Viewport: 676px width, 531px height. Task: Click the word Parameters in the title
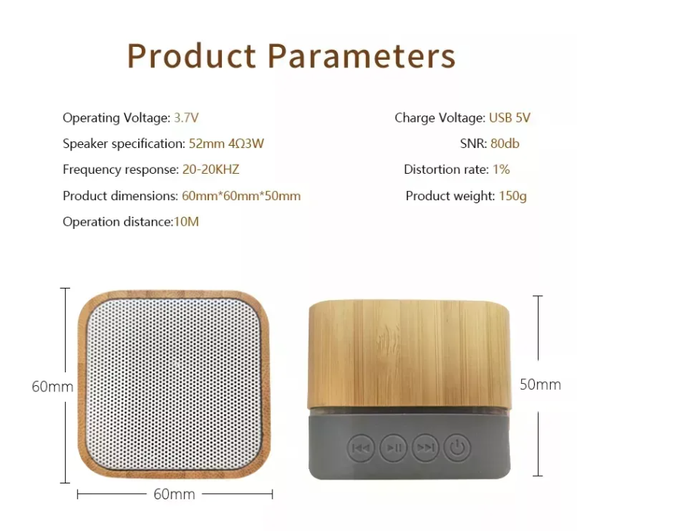tap(361, 56)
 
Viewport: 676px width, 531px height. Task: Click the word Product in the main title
tap(192, 56)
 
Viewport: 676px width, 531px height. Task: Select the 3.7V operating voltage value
tap(186, 118)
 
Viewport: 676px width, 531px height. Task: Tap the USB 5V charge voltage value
tap(509, 118)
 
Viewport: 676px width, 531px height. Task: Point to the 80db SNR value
tap(505, 144)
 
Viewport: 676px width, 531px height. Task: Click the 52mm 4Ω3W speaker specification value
tap(226, 144)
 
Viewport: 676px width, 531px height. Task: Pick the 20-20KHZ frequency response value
tap(210, 169)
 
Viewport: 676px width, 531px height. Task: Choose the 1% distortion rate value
tap(502, 169)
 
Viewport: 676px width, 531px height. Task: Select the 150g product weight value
tap(512, 196)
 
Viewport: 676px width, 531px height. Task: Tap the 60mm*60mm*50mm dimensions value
tap(241, 196)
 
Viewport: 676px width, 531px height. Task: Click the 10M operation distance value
tap(186, 222)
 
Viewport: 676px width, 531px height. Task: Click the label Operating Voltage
tap(117, 119)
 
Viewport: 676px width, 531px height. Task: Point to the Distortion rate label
tap(447, 169)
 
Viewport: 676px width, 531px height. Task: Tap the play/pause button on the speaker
tap(393, 448)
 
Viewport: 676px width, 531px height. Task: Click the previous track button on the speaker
tap(361, 448)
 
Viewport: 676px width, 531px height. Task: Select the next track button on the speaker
tap(426, 448)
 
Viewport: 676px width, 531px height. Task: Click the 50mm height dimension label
tap(540, 384)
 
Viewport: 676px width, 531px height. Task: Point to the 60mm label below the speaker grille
tap(174, 494)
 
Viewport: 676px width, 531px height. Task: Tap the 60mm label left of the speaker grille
tap(53, 387)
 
